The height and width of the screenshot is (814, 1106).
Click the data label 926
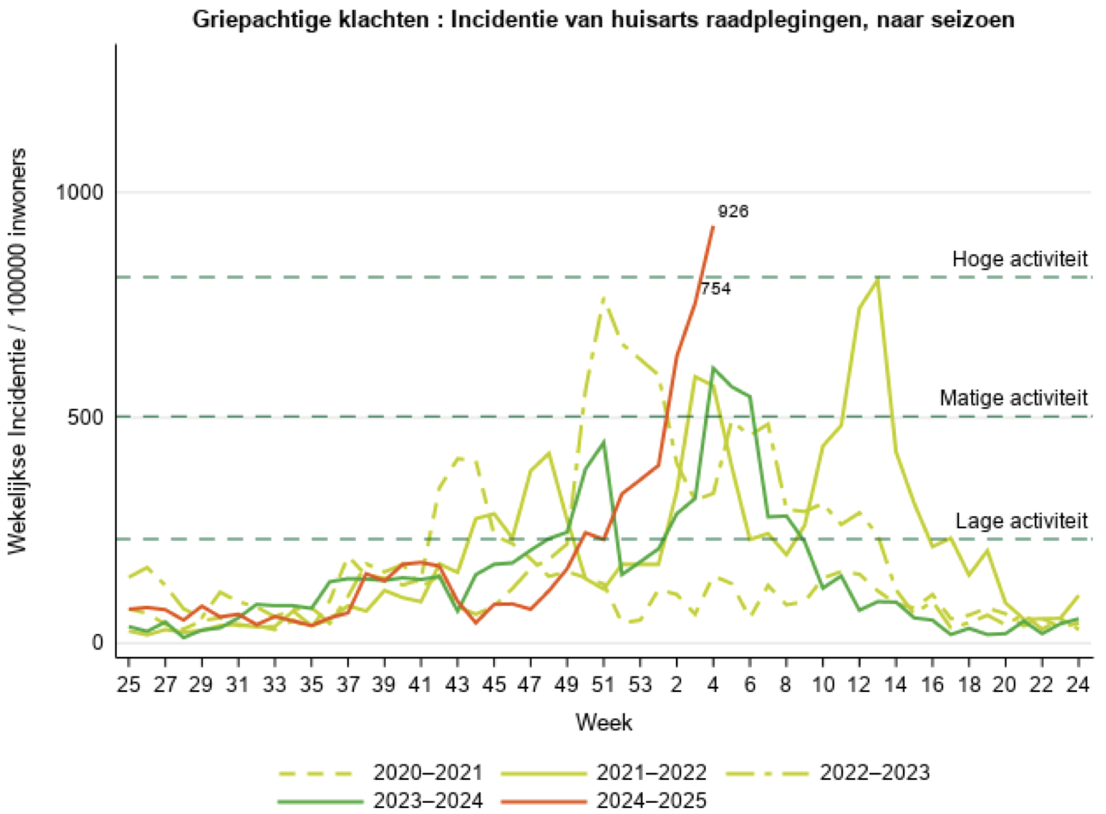(733, 212)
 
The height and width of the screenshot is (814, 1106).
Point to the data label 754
(716, 289)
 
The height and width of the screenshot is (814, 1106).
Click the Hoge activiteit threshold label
(1020, 259)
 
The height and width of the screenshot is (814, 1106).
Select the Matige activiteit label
(1013, 398)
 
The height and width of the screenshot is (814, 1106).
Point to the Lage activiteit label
(1022, 520)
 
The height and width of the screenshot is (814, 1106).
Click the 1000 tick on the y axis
(79, 192)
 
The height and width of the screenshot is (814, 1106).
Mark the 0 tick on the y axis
(97, 642)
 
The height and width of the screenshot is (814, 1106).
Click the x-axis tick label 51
(603, 684)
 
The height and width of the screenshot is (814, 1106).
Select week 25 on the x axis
(128, 684)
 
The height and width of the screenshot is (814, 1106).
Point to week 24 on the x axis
(1078, 684)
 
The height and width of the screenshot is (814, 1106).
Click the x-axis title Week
(603, 723)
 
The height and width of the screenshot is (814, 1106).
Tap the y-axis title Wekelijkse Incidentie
(18, 350)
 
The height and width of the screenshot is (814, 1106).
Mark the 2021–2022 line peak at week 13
(877, 279)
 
